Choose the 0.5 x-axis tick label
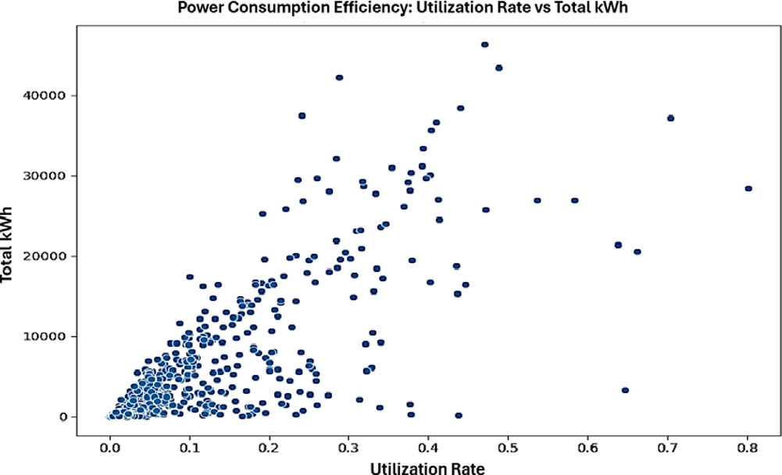point(508,448)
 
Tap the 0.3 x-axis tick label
point(348,448)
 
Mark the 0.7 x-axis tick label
point(667,448)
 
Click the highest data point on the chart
point(484,45)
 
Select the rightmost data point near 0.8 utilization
point(748,188)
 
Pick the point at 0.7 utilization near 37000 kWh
point(670,118)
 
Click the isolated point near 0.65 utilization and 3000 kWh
point(625,390)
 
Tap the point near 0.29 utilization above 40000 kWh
point(339,77)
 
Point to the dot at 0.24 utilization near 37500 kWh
point(302,116)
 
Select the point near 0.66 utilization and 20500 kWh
point(637,252)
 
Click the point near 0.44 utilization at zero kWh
point(459,415)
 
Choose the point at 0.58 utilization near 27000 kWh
point(575,200)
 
